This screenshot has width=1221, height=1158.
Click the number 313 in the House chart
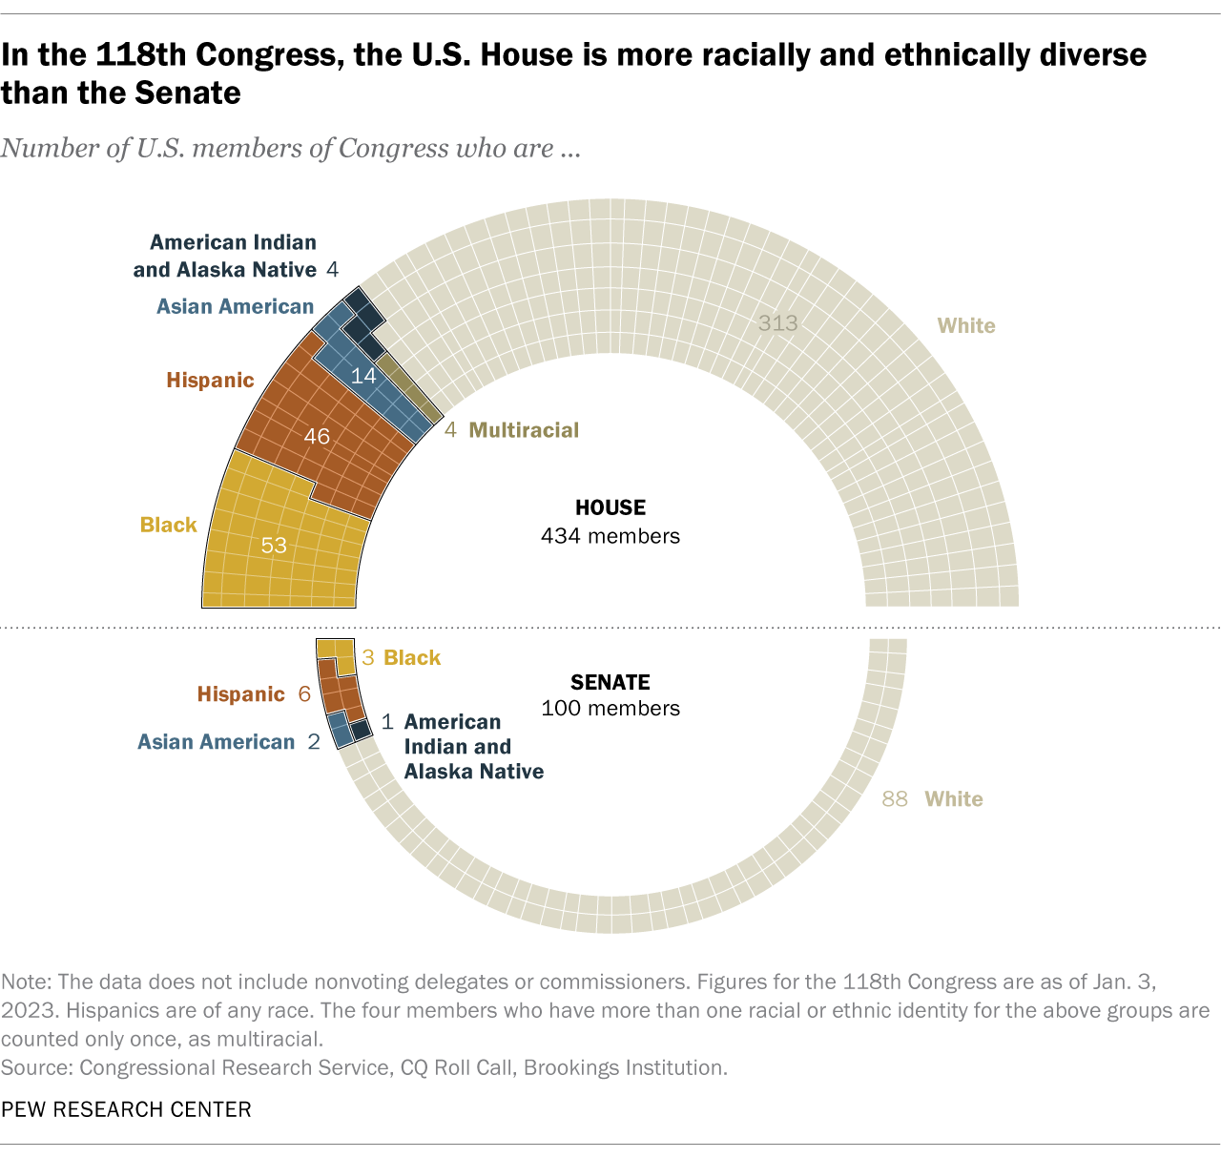pos(777,323)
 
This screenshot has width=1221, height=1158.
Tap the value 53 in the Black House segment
pos(274,546)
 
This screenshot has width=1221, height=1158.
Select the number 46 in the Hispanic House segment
pos(317,437)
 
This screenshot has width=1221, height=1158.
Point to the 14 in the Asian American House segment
pos(363,377)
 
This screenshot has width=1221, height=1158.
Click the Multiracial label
pos(524,430)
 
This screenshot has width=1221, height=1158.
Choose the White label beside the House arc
pos(966,326)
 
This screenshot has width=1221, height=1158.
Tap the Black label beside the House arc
pos(168,525)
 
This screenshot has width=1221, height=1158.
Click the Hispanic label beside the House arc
pos(210,381)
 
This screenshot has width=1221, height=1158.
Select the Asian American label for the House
pos(235,306)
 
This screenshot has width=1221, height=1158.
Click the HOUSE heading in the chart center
pos(610,508)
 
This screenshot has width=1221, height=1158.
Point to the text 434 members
pos(610,536)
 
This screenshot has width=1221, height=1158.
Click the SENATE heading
pos(610,682)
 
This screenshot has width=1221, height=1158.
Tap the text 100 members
pos(610,709)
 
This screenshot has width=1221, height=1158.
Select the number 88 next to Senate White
pos(895,799)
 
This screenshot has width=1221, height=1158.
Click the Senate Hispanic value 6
pos(304,694)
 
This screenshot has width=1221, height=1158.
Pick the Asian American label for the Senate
pos(216,742)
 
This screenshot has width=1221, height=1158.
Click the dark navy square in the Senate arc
pos(361,730)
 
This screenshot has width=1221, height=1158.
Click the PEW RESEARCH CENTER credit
pos(126,1109)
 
